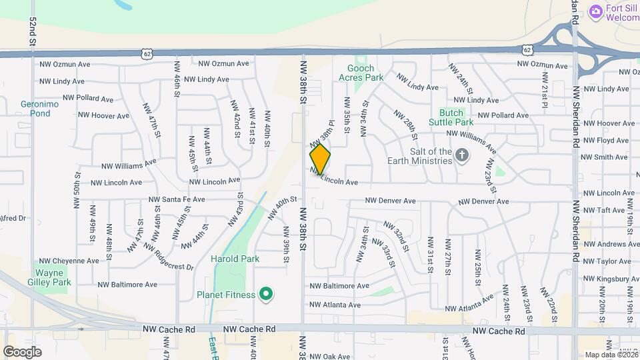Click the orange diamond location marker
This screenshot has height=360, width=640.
(x=320, y=159)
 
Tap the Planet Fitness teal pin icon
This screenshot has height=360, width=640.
(x=267, y=294)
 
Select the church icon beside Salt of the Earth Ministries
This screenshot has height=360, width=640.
(x=461, y=156)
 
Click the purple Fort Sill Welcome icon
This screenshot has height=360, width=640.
(x=595, y=11)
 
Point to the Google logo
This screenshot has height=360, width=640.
(x=22, y=351)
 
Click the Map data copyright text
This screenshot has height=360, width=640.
(x=611, y=355)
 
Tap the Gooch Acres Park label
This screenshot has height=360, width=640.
(x=365, y=73)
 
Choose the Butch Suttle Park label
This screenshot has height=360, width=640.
(x=456, y=117)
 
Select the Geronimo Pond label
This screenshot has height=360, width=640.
(x=40, y=109)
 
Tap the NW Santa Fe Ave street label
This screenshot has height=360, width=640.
(x=176, y=199)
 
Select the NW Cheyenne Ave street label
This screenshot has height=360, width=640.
(x=69, y=261)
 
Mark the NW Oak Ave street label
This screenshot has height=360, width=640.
(x=330, y=357)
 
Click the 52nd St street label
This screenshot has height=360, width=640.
(x=33, y=31)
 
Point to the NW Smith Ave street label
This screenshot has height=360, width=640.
(x=604, y=157)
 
